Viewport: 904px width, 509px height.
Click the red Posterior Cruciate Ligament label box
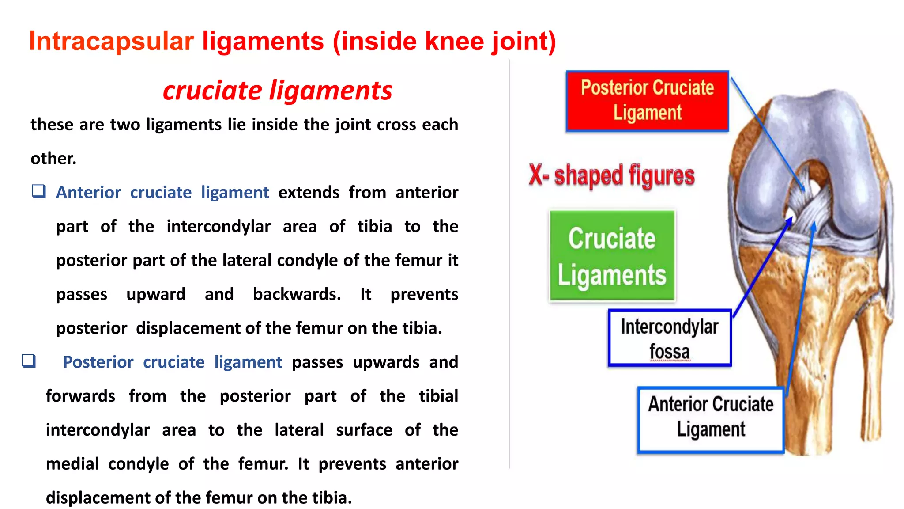[x=647, y=101]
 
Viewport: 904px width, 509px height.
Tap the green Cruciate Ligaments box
[x=612, y=256]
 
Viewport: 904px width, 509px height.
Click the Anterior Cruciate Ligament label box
[x=710, y=420]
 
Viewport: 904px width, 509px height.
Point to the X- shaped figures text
[x=611, y=175]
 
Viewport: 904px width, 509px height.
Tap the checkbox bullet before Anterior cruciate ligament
[x=39, y=191]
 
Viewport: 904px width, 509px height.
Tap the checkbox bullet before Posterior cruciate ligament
[x=29, y=361]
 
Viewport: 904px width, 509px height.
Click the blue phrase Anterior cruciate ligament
[x=162, y=193]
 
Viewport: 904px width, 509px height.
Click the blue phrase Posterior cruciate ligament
[x=172, y=362]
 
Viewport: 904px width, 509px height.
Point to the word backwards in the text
[x=297, y=294]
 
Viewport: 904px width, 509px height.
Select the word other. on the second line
[x=53, y=159]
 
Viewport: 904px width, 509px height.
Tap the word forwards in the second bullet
[x=80, y=396]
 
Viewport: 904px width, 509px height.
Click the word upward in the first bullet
[x=156, y=294]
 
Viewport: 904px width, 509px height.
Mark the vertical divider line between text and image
[x=510, y=265]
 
